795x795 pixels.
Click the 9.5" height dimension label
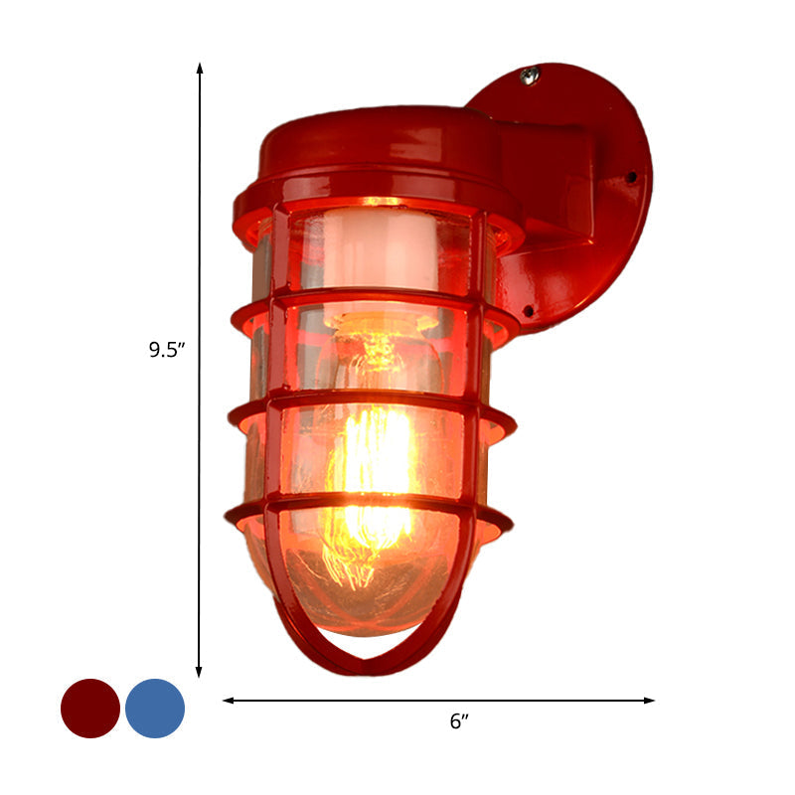pyautogui.click(x=167, y=349)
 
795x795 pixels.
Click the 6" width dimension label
pyautogui.click(x=458, y=722)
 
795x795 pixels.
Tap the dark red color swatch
pyautogui.click(x=90, y=709)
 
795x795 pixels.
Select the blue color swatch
pyautogui.click(x=155, y=709)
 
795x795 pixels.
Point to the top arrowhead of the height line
pyautogui.click(x=200, y=68)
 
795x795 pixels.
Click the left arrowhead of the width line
pyautogui.click(x=228, y=701)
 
